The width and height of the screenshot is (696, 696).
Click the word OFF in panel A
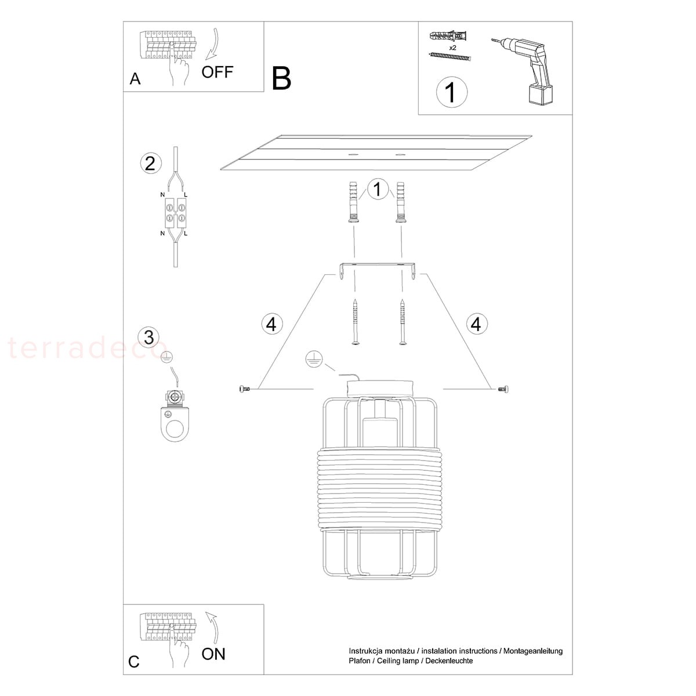(217, 72)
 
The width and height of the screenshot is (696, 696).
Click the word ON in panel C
(213, 654)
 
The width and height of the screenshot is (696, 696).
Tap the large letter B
(281, 78)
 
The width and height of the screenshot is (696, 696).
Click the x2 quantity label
(452, 48)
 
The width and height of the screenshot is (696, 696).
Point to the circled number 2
(150, 163)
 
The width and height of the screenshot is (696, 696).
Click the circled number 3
(149, 337)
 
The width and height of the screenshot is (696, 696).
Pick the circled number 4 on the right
(476, 324)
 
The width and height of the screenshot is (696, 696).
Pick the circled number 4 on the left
(271, 324)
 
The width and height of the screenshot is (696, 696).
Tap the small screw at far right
(503, 389)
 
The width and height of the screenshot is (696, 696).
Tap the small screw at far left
(244, 389)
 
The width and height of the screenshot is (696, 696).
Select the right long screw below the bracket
(403, 322)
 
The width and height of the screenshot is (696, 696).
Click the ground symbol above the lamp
(314, 360)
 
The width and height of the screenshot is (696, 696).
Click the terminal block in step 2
(175, 213)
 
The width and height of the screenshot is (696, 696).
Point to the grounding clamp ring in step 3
(175, 425)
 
